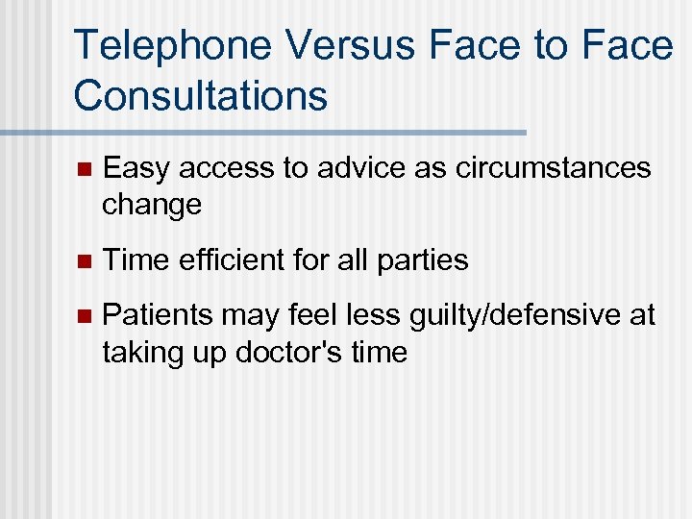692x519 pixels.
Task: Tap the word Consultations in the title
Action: [x=200, y=95]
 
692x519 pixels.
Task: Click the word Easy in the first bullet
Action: [x=136, y=169]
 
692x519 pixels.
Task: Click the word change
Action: [x=152, y=205]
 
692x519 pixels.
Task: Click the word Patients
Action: [x=160, y=315]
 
